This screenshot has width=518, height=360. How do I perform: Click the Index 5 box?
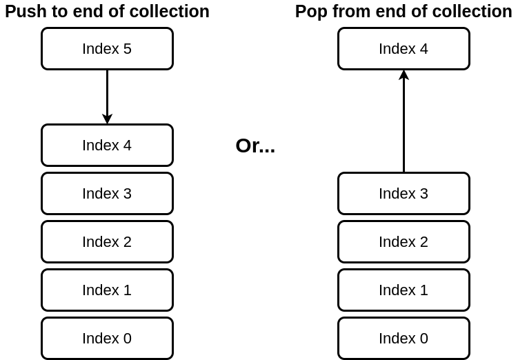click(107, 49)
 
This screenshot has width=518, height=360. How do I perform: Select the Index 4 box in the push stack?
click(107, 146)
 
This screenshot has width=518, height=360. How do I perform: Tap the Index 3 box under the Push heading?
click(107, 194)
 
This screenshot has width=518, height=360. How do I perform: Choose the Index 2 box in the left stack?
click(107, 242)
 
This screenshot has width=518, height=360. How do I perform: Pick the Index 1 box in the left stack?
click(107, 290)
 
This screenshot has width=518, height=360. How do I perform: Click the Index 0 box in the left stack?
click(107, 339)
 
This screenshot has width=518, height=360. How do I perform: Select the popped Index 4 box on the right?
click(404, 49)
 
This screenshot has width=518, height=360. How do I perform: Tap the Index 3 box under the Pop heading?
click(404, 194)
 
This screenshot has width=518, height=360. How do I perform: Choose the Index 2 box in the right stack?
click(404, 242)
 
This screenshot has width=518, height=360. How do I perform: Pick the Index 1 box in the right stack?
click(404, 290)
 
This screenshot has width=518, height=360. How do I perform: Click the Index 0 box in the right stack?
click(404, 339)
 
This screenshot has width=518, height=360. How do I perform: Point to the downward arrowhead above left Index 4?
click(107, 119)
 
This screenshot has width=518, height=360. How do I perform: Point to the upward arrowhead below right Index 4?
click(404, 74)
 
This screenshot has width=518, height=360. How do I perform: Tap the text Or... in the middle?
click(255, 146)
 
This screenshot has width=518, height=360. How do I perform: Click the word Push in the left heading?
click(24, 12)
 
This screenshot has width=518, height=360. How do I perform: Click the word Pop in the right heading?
click(310, 12)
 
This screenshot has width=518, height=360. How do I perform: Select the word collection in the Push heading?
click(172, 12)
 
